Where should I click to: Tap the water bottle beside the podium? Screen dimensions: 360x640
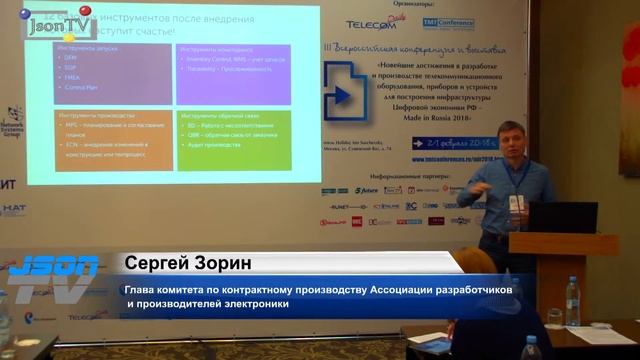(x=573, y=301)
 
